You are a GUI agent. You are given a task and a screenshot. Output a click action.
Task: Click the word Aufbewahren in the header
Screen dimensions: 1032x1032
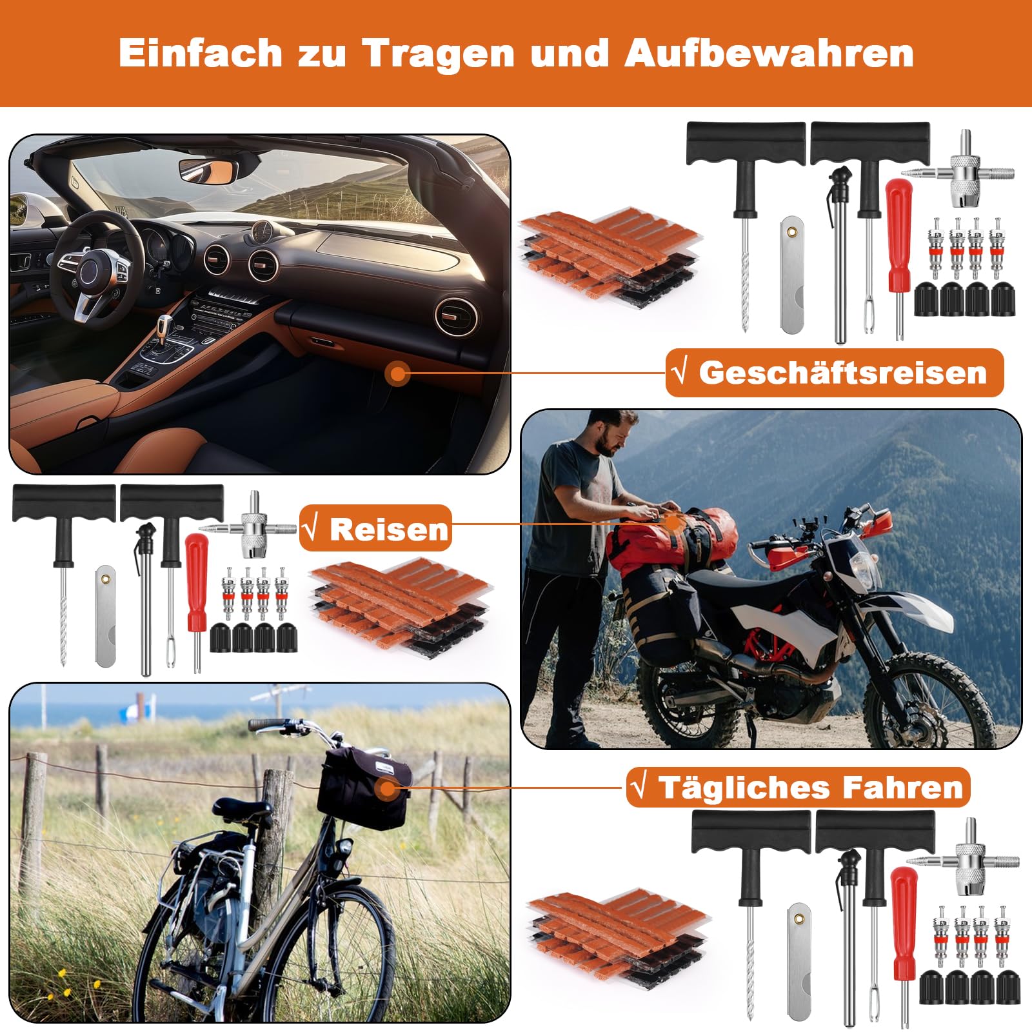tap(769, 53)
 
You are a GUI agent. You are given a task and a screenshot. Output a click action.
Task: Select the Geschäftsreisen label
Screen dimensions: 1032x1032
tap(835, 373)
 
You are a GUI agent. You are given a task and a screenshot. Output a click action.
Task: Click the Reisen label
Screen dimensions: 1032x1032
tap(376, 529)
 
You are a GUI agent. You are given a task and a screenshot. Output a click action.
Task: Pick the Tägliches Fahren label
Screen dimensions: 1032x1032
tap(799, 788)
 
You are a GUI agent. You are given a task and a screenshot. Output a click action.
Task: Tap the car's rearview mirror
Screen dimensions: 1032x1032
tap(208, 172)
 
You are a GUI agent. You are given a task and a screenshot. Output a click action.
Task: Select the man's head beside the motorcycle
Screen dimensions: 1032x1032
tap(610, 433)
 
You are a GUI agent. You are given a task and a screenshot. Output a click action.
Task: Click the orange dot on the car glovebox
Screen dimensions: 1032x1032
tap(398, 373)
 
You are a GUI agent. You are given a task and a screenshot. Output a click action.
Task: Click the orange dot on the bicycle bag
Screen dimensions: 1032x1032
tap(388, 788)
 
